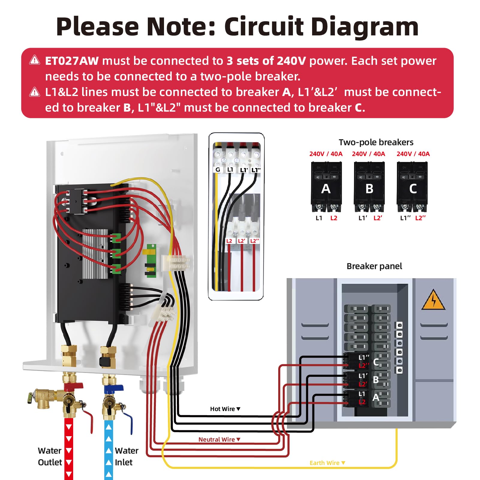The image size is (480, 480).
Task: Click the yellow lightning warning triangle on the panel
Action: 433,300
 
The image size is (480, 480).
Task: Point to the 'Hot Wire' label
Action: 222,409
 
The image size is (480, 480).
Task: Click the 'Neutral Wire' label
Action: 217,439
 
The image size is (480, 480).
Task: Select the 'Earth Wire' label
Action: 325,463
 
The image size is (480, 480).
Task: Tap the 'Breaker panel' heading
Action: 374,266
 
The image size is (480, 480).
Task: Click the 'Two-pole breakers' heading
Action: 376,142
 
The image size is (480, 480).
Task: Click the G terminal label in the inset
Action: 218,170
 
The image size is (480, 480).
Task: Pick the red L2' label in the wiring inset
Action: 241,241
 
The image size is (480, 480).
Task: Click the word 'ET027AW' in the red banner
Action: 72,61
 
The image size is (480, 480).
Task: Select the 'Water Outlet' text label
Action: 50,456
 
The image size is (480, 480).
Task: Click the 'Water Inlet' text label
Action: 126,456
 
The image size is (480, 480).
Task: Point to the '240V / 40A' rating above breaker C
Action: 413,154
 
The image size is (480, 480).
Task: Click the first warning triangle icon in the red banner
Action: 34,60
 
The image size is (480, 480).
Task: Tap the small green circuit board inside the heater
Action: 151,260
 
